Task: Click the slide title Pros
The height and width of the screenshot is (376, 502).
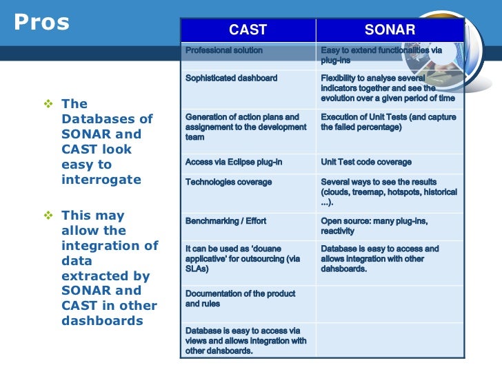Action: click(x=42, y=23)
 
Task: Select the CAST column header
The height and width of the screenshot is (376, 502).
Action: click(x=248, y=30)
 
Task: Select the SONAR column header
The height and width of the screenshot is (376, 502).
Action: click(x=390, y=30)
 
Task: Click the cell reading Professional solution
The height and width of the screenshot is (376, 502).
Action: click(x=224, y=51)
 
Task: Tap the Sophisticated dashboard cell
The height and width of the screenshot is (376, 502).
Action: click(x=232, y=78)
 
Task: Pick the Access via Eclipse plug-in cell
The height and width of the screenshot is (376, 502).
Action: click(x=233, y=163)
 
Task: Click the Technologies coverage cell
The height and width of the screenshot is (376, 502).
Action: click(x=228, y=182)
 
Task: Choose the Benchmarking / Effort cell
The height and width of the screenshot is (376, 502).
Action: click(x=225, y=222)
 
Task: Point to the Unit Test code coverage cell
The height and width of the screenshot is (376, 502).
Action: click(x=366, y=163)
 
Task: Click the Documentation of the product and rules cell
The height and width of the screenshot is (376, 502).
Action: click(x=240, y=298)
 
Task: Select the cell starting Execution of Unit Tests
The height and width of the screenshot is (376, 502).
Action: click(x=388, y=122)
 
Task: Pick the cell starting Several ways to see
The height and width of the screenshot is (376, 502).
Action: click(x=388, y=192)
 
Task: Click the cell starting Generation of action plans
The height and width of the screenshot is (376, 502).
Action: click(x=245, y=127)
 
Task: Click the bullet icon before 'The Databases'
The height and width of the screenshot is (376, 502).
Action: click(x=48, y=104)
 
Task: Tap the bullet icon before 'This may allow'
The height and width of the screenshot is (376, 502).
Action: click(x=48, y=216)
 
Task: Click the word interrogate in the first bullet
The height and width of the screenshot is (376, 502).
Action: click(x=101, y=180)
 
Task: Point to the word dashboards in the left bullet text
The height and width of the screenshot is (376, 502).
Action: click(x=102, y=321)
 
